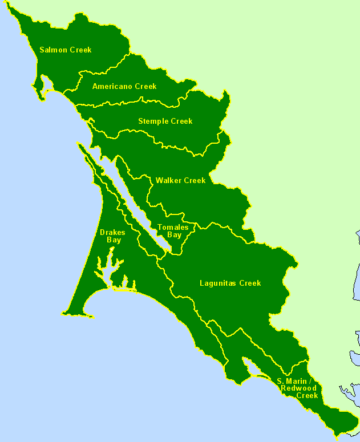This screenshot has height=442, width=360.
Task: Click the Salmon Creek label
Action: click(x=65, y=50)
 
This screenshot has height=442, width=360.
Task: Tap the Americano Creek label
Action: click(x=124, y=87)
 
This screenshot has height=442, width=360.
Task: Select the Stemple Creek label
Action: click(x=165, y=121)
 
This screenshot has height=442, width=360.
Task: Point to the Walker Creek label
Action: click(x=180, y=181)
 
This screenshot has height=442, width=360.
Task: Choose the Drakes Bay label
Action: click(x=112, y=237)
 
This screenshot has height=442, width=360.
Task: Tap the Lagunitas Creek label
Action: click(x=230, y=283)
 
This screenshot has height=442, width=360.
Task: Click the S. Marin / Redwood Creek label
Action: click(x=297, y=388)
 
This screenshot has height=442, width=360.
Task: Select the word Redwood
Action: click(x=298, y=388)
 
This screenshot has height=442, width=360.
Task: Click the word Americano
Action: click(x=112, y=87)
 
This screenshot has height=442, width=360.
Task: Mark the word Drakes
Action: click(x=112, y=233)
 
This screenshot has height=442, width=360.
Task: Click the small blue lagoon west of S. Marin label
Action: click(x=250, y=368)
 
